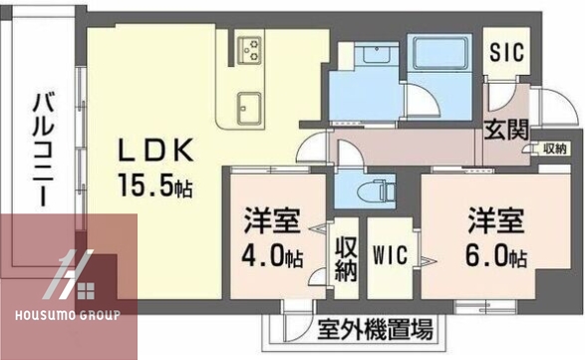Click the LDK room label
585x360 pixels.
tap(154, 153)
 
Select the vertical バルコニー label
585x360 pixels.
tap(42, 150)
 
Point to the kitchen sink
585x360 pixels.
tap(247, 104)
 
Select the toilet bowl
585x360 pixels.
tap(378, 187)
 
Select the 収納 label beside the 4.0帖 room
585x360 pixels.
tap(345, 257)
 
